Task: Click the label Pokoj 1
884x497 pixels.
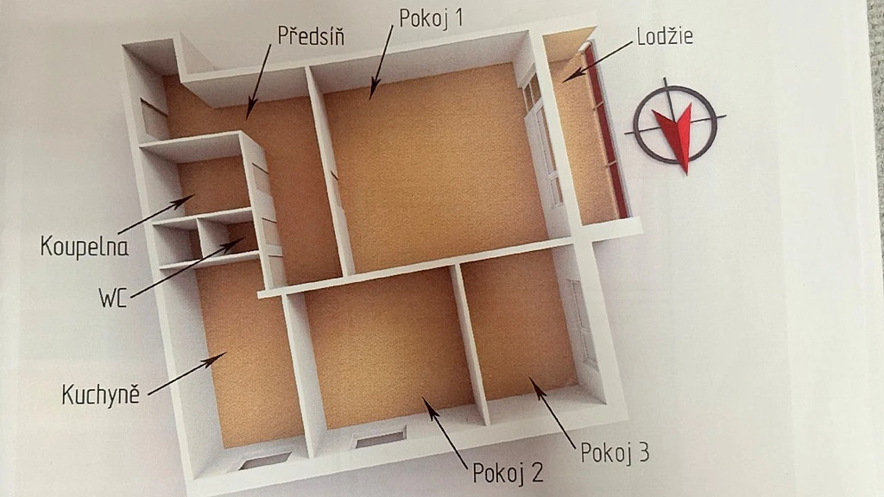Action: [x=431, y=18]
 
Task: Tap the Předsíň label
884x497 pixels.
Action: [x=311, y=35]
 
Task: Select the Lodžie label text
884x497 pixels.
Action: [x=665, y=36]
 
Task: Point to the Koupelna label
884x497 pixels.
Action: [x=84, y=247]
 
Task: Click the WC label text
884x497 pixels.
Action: [x=112, y=298]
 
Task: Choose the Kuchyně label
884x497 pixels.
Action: [x=100, y=393]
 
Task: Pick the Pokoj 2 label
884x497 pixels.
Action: [x=508, y=473]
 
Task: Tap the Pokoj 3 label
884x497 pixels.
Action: [x=615, y=452]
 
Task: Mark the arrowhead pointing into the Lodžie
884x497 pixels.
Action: [x=571, y=76]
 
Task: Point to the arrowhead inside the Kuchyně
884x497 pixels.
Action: [x=217, y=358]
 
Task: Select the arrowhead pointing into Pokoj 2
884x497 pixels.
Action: [x=430, y=405]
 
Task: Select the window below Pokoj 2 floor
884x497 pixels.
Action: [x=380, y=437]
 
